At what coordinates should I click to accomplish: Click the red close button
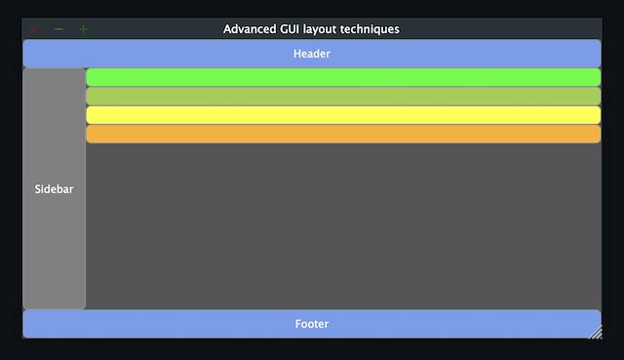35,29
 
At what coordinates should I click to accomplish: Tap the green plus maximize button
83,29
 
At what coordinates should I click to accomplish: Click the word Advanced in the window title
250,29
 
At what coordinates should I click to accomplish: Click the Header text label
312,54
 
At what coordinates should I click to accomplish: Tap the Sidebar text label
54,189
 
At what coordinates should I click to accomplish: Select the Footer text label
312,324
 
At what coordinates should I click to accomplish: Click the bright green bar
343,77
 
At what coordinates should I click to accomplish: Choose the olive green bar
343,96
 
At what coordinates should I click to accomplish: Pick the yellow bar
343,115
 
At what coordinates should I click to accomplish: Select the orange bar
343,134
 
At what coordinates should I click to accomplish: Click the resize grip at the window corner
595,333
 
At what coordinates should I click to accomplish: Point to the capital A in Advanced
227,29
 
